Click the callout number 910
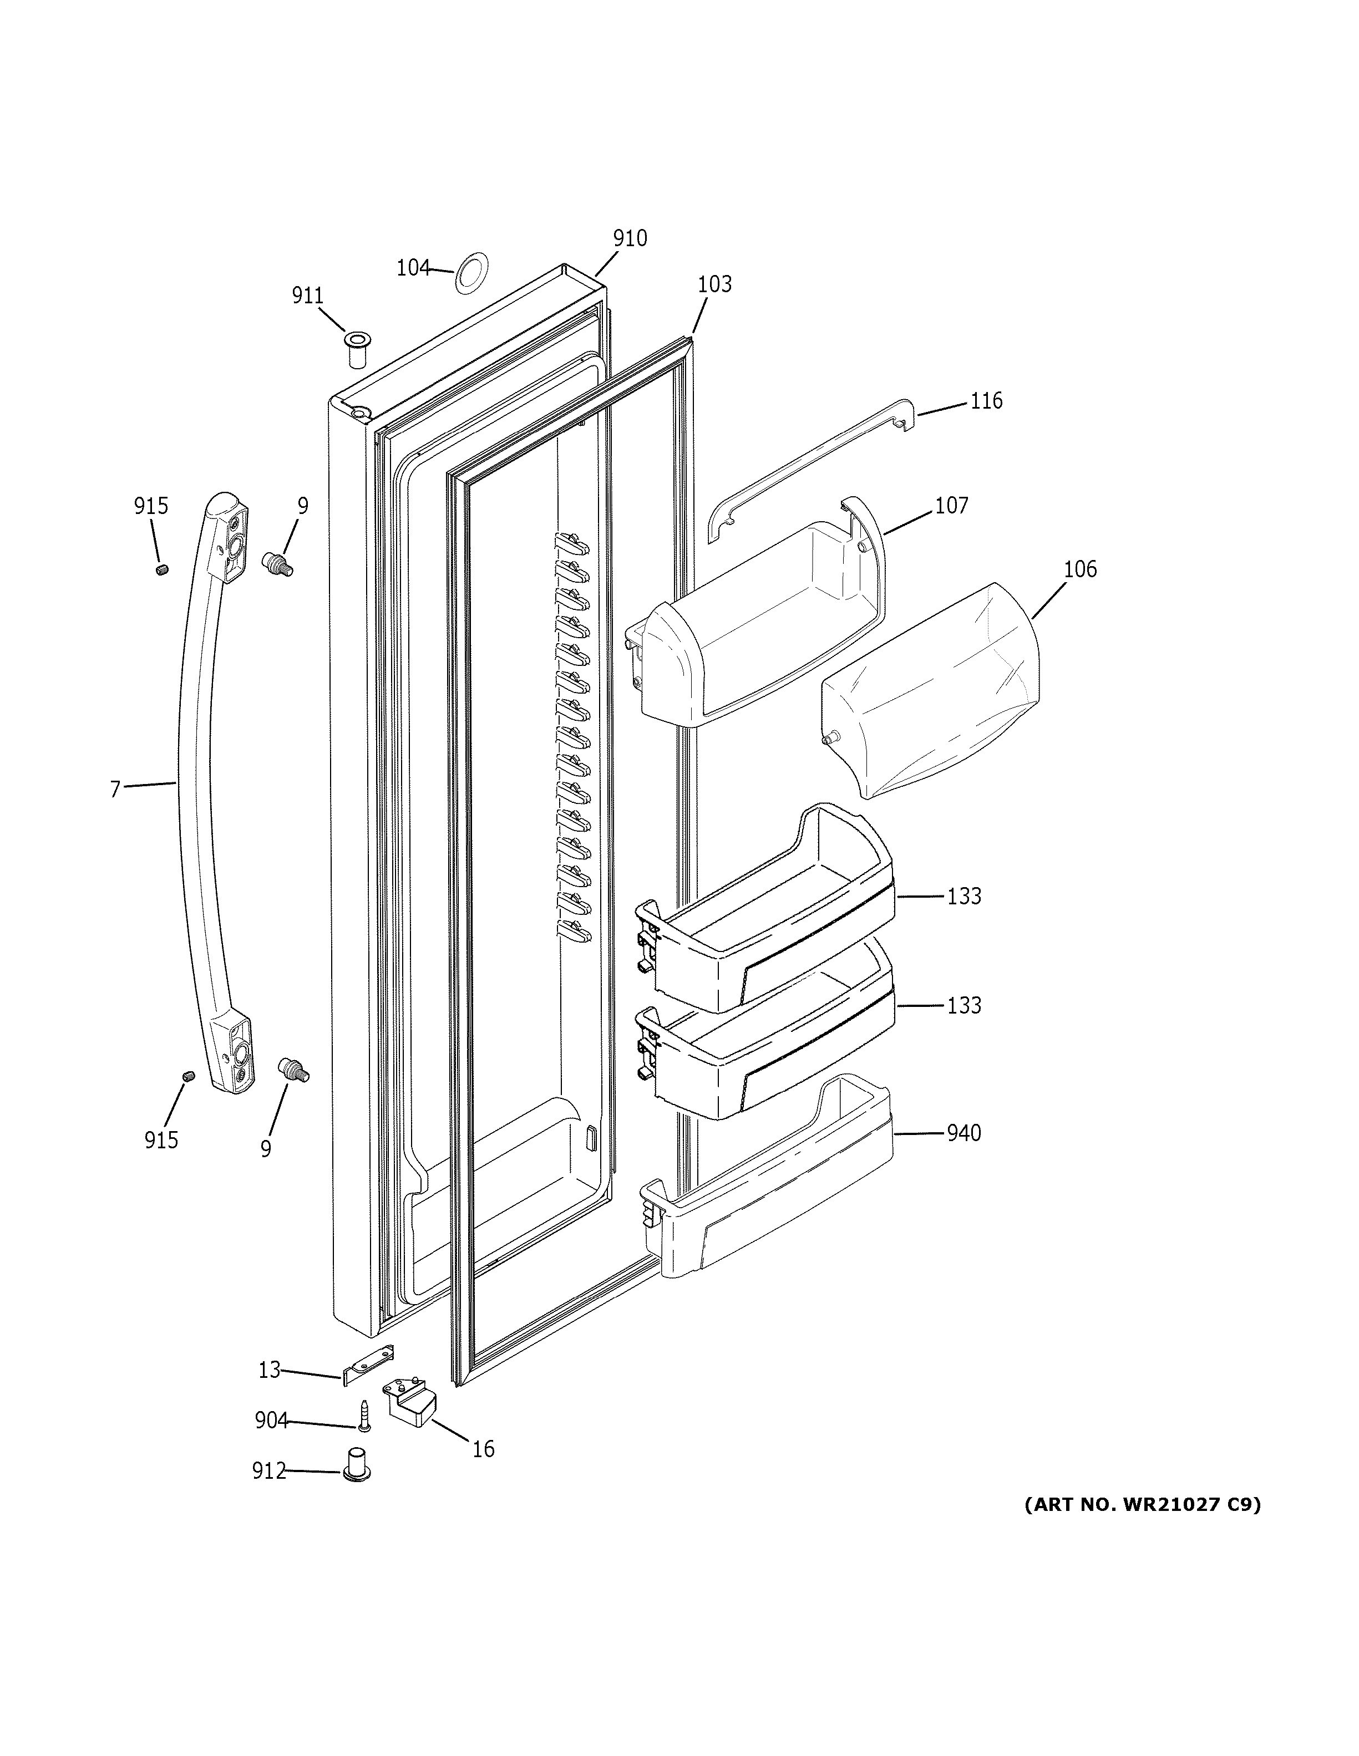630,238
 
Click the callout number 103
714,284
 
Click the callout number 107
951,506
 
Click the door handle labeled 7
197,788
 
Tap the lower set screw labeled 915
188,1076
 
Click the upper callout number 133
964,895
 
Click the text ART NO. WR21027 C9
1142,1504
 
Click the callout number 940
964,1133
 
